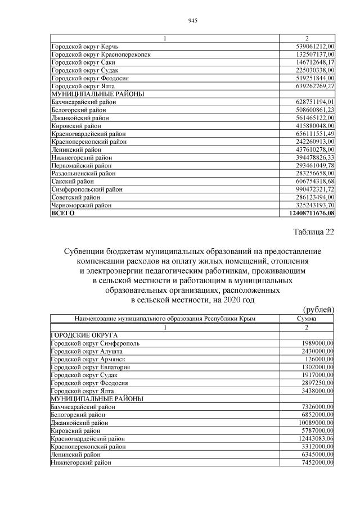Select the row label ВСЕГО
point(62,214)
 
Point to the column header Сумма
point(307,319)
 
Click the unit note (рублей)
point(318,309)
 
